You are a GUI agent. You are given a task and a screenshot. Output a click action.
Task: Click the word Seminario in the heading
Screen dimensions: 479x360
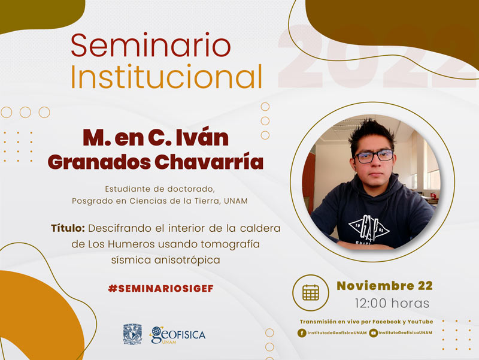[151, 46]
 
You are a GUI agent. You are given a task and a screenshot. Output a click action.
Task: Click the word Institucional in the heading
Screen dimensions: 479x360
[166, 77]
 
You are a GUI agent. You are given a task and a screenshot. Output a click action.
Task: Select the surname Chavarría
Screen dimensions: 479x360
[209, 161]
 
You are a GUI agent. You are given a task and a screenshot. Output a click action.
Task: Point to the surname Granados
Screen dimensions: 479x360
[99, 162]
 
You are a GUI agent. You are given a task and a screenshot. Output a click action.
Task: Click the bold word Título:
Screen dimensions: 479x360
[68, 228]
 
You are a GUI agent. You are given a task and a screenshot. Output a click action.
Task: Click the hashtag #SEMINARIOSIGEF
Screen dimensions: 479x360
[161, 289]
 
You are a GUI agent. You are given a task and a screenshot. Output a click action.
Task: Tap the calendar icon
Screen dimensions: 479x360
[311, 293]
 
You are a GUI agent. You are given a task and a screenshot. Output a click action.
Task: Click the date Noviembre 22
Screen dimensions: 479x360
[384, 286]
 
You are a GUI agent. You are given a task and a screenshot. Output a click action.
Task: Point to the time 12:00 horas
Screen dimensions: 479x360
[392, 303]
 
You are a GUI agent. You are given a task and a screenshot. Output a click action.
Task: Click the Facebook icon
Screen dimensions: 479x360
[302, 333]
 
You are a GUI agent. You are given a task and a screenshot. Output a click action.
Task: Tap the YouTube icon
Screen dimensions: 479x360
[373, 333]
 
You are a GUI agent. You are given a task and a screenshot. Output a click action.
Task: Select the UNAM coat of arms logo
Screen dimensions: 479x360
[132, 334]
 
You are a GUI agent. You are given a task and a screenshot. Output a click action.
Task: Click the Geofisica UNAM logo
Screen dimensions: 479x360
[177, 335]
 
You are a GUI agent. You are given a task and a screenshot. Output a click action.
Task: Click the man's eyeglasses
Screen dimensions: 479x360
[374, 156]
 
